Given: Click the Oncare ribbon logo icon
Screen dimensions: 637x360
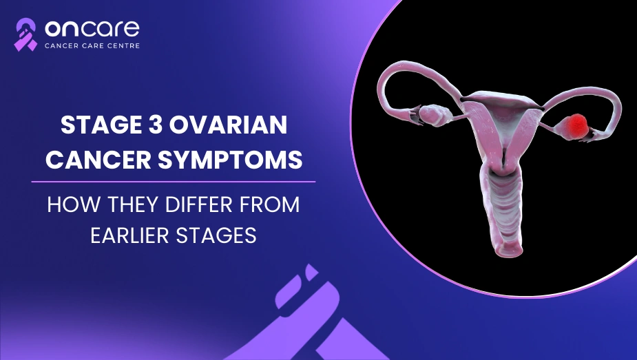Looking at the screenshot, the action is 25,34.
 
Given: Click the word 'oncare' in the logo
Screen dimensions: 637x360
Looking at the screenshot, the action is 92,28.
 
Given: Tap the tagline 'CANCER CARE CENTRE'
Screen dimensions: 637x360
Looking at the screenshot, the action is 92,46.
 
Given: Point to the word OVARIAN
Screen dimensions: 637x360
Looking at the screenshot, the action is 228,125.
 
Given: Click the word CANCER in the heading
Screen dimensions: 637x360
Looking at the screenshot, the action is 98,160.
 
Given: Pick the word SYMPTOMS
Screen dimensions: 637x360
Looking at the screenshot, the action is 230,160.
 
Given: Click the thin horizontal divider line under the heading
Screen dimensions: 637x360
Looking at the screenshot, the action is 174,182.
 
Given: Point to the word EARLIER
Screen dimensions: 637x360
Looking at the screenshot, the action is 130,235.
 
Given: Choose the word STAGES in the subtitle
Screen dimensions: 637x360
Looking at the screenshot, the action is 216,235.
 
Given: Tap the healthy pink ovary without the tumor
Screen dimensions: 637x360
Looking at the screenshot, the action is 434,115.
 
